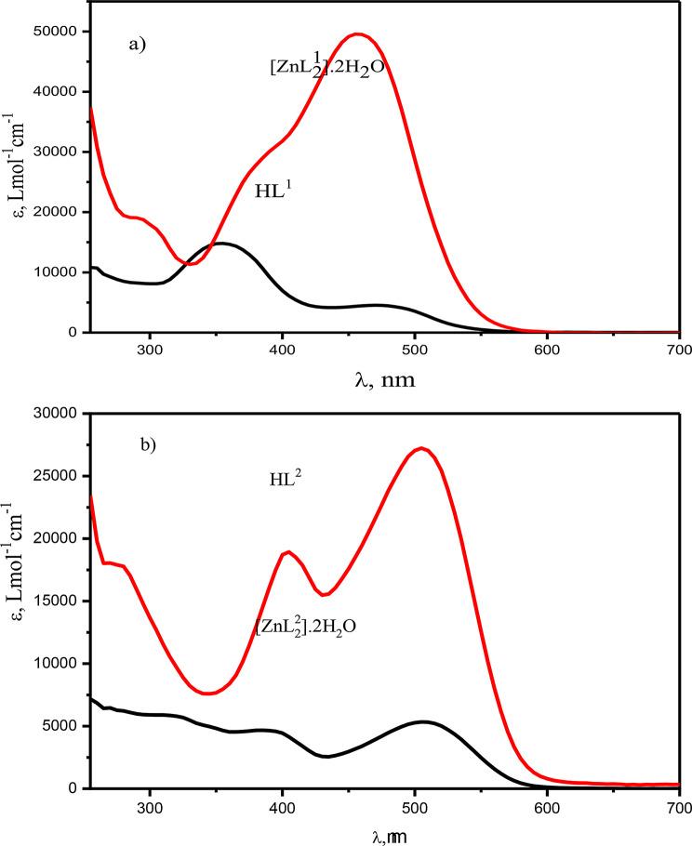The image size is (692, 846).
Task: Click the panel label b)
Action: point(148,444)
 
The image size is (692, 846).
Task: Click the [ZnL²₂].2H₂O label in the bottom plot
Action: point(306,628)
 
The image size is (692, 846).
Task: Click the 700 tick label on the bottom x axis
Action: point(679,806)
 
